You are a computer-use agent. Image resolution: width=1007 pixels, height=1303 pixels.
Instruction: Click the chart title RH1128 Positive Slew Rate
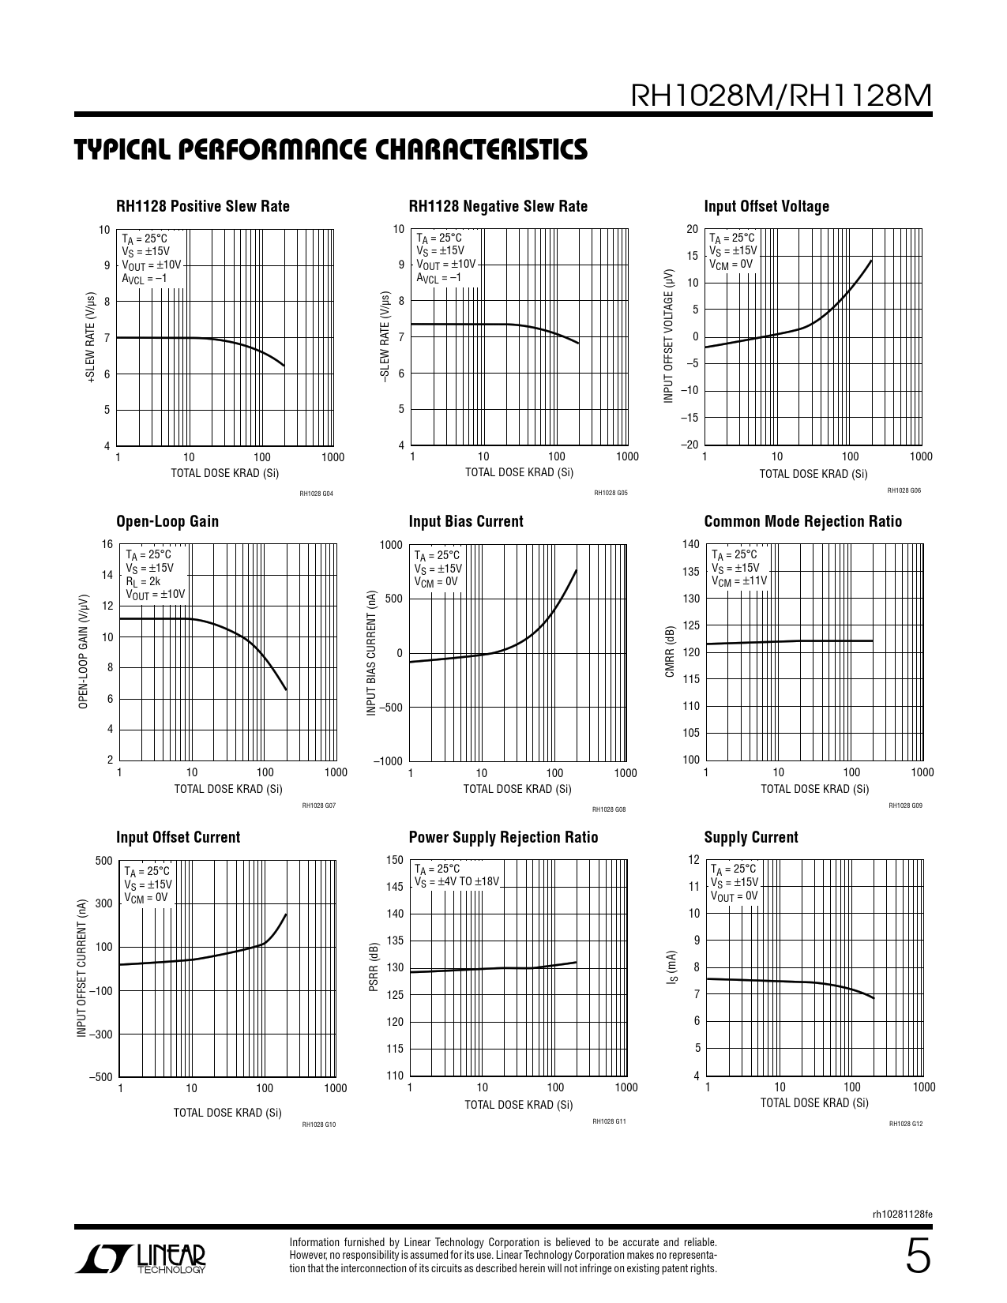pos(203,207)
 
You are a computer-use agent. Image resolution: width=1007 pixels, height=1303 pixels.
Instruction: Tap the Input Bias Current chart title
pos(466,522)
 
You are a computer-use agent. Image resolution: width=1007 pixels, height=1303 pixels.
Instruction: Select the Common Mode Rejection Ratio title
pos(802,522)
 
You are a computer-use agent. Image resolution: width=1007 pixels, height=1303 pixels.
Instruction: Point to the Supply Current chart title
pos(751,838)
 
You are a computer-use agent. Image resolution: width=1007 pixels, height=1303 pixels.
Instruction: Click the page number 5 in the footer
pos(918,1256)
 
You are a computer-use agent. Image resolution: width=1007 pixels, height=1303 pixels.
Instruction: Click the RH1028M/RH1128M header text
pos(782,96)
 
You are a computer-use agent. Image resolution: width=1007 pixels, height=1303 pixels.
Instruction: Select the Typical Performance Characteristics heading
pos(331,149)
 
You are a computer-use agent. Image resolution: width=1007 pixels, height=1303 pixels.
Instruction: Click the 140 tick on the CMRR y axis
pos(690,545)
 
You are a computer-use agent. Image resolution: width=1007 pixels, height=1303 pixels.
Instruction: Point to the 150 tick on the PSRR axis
pos(395,860)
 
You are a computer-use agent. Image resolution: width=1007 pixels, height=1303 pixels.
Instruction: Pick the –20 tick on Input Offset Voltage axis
pos(689,445)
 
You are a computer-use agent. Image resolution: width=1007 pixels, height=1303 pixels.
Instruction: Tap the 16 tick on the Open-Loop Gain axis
pos(107,545)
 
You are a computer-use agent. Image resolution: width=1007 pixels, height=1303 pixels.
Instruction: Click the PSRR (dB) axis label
pos(375,967)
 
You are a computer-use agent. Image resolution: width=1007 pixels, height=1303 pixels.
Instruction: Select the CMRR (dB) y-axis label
pos(670,651)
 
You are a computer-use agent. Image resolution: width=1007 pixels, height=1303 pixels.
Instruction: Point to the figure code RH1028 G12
pos(906,1124)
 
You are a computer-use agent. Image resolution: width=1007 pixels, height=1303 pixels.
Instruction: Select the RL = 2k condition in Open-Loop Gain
pos(143,580)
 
